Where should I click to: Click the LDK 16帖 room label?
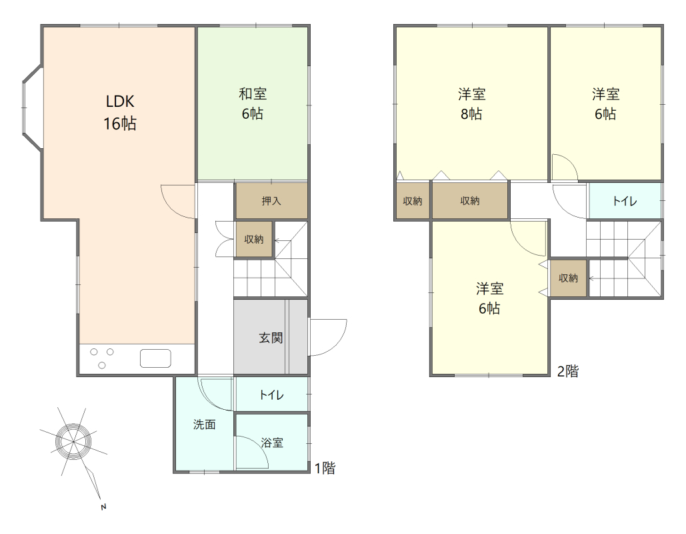[120, 113]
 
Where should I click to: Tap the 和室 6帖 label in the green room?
[253, 104]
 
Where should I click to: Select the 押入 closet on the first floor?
[271, 201]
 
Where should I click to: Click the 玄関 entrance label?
[271, 338]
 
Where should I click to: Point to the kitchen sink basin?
[155, 358]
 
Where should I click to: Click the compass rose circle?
[73, 442]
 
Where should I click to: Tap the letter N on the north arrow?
[104, 507]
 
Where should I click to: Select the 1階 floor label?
[325, 468]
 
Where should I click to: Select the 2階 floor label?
[568, 371]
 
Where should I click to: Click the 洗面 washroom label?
[204, 425]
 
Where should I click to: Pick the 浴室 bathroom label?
[272, 443]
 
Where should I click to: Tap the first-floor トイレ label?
[272, 394]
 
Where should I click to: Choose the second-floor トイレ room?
[625, 201]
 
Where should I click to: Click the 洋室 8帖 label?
[471, 104]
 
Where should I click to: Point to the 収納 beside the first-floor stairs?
[254, 239]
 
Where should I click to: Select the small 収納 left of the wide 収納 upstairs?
[413, 201]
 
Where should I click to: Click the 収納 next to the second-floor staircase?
[568, 278]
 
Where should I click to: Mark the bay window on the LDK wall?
[33, 107]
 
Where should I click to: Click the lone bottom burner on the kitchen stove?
[102, 365]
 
